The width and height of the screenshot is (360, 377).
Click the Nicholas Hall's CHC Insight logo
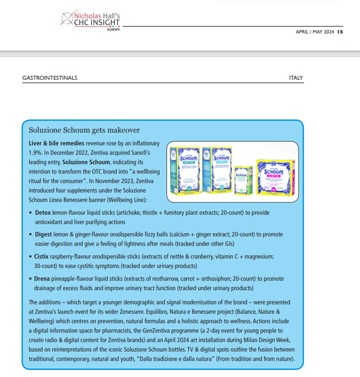coord(90,20)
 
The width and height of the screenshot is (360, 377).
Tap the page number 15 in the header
coord(340,32)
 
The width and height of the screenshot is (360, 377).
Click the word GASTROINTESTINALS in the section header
coord(50,78)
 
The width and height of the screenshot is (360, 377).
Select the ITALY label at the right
coord(296,78)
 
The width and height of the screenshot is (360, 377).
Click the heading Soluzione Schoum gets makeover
coord(84,130)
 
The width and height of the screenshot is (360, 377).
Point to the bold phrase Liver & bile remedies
coord(57,143)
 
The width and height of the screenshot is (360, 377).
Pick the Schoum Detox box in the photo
coord(184,171)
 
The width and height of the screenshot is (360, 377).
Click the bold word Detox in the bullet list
coord(43,213)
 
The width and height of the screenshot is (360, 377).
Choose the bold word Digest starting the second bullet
coord(43,235)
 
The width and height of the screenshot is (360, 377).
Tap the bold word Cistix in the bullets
coord(42,256)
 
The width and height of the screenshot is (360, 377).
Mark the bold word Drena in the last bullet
coord(42,278)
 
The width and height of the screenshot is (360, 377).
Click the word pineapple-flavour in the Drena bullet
coord(72,278)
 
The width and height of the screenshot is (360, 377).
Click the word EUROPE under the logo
coord(113,29)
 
